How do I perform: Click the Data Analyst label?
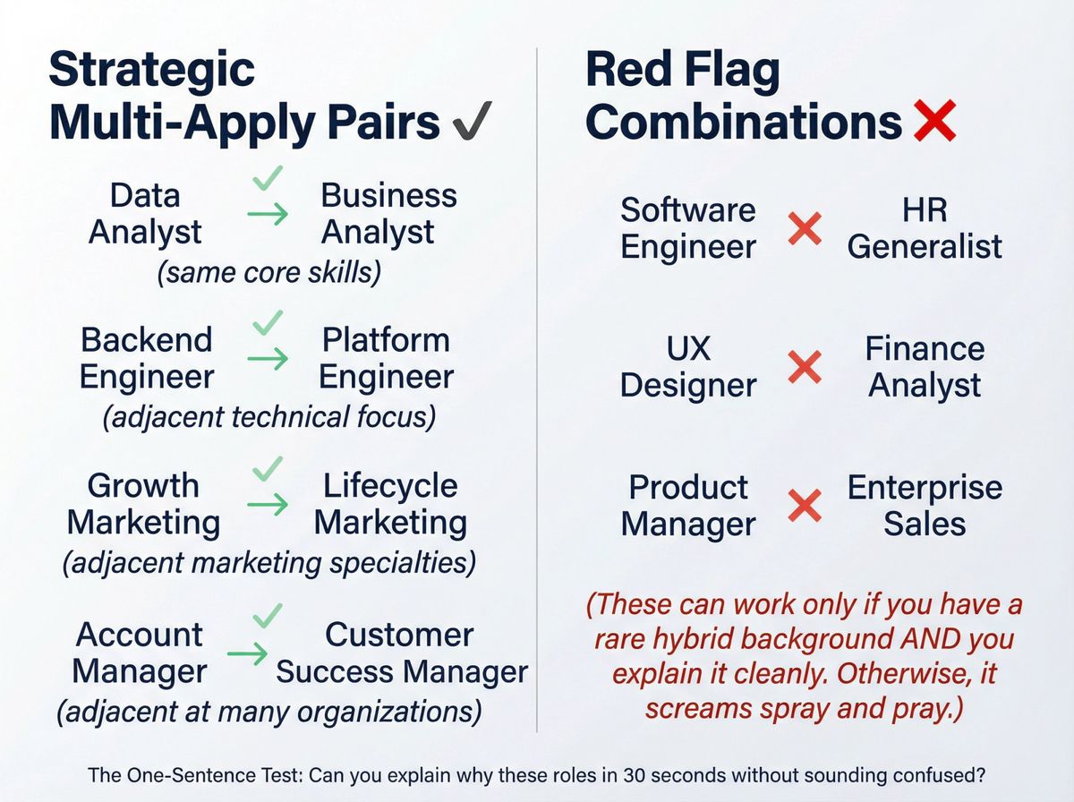point(145,214)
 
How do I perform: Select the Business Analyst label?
point(388,214)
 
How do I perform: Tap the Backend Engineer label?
point(147,358)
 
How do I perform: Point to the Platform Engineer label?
point(386,358)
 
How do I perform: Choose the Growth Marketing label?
point(143,504)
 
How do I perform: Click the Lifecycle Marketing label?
point(390,504)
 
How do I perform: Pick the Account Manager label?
point(139,653)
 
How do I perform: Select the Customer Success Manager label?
point(401,653)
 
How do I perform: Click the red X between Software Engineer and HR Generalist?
point(804,230)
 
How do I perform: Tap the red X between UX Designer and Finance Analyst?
point(804,367)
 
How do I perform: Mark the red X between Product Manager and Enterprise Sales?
point(804,506)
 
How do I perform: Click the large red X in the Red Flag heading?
point(935,123)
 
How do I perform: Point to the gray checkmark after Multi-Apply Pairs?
point(469,124)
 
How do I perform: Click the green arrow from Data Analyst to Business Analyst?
point(268,215)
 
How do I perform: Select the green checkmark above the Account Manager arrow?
point(268,615)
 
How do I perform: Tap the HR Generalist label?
point(925,228)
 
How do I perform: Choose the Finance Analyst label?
point(925,367)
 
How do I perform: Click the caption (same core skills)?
point(269,273)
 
